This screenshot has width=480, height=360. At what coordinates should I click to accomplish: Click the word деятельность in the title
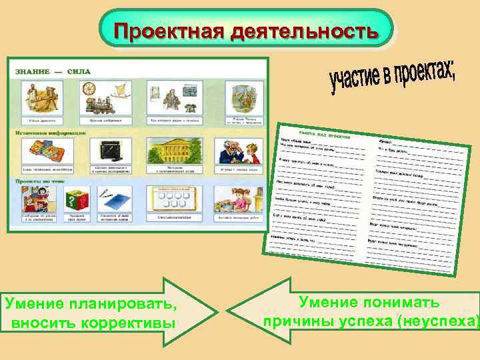(304, 31)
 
